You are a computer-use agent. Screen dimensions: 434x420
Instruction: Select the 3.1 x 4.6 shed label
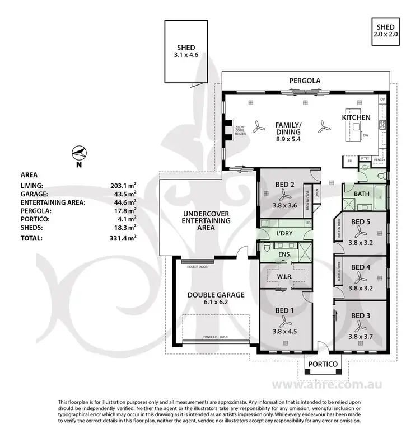click(x=186, y=50)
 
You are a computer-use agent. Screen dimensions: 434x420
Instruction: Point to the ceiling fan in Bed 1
click(x=285, y=320)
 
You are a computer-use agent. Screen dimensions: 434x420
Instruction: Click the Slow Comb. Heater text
click(x=240, y=130)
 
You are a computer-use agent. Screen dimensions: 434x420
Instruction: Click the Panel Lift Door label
click(x=216, y=337)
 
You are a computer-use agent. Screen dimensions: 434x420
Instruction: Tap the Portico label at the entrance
click(x=323, y=365)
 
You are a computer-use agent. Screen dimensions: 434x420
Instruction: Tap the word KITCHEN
click(x=357, y=117)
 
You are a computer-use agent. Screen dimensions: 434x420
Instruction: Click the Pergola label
click(x=305, y=81)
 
